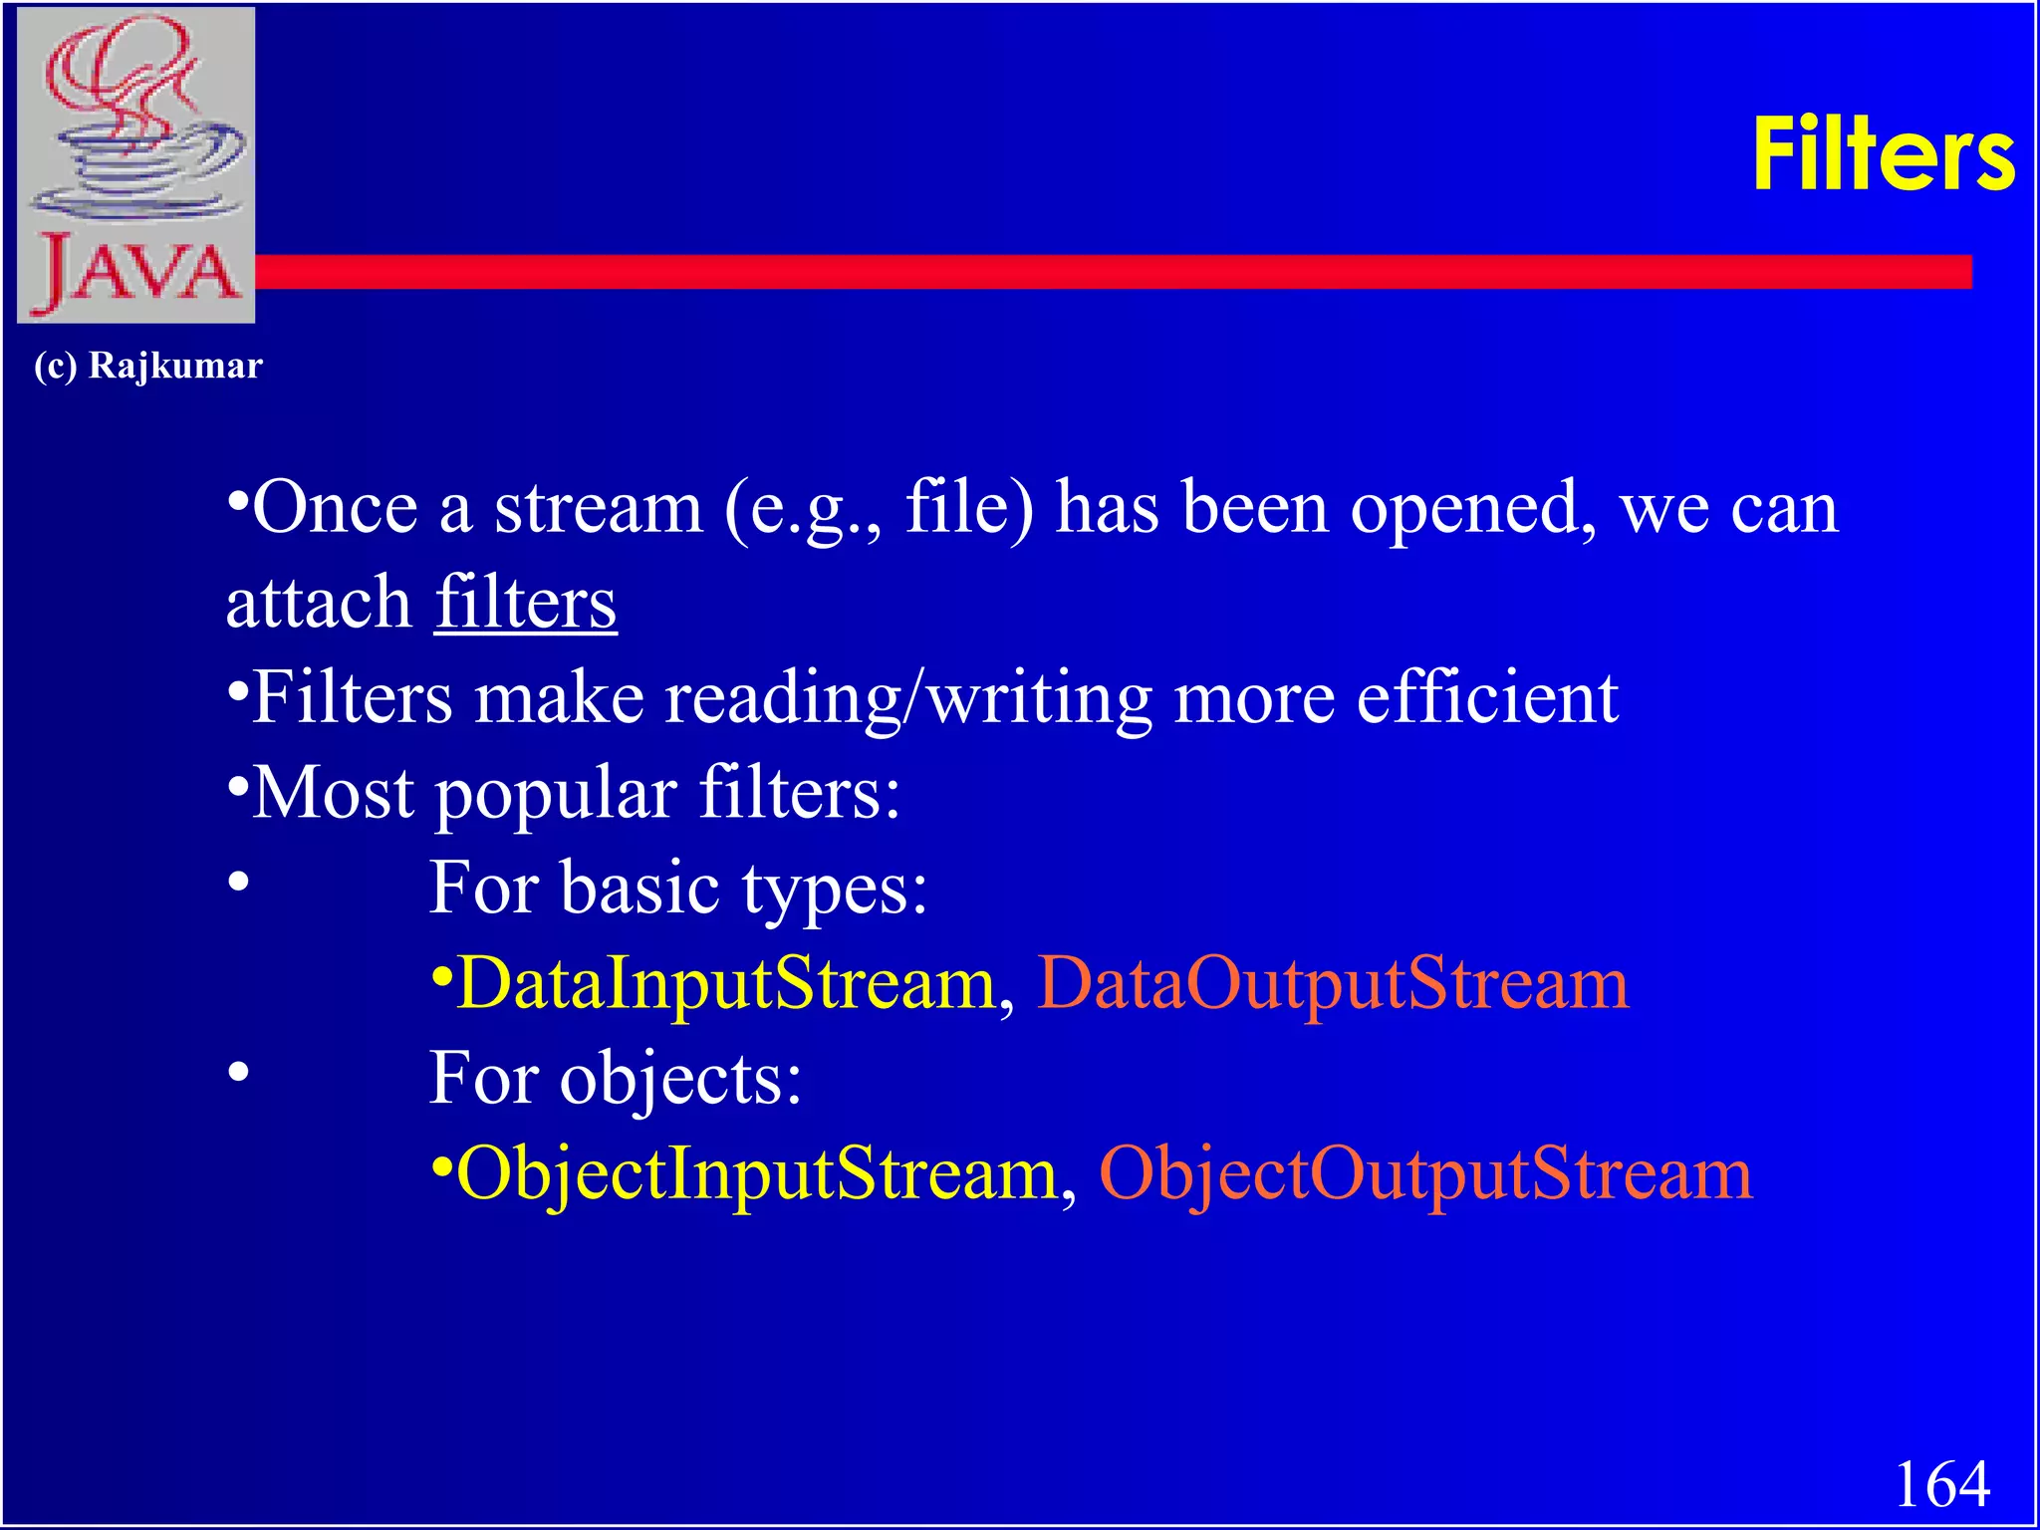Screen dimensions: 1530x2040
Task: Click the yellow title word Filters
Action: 1883,154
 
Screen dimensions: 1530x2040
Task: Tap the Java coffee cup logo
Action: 136,164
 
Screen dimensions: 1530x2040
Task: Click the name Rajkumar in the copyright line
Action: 175,366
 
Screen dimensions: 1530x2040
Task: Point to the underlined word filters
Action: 525,602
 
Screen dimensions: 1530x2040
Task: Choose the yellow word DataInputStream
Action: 726,983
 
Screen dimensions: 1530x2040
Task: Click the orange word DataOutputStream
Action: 1333,983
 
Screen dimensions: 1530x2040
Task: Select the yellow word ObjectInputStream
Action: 756,1173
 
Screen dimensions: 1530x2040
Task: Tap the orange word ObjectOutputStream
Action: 1425,1173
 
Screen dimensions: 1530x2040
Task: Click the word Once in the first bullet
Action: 335,507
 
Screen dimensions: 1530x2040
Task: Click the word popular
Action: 556,795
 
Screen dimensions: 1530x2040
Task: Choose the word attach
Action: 319,602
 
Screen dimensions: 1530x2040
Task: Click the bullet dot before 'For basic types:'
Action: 237,882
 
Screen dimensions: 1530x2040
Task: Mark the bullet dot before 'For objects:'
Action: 237,1073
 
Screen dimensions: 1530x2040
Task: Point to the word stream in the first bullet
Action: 599,507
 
